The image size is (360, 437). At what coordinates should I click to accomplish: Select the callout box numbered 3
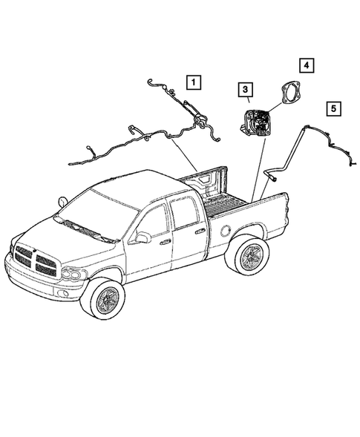pos(243,91)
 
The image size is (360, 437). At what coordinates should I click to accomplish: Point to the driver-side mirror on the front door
pos(142,237)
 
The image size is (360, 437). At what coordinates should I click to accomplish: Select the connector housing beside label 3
pos(257,119)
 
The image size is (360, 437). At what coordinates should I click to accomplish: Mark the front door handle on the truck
pos(166,241)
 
